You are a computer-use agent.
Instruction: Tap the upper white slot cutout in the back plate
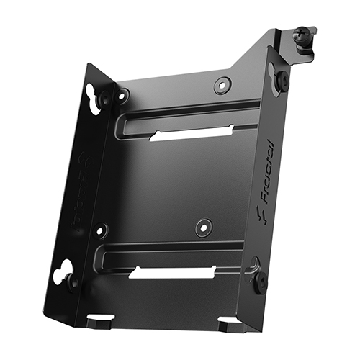coord(192,134)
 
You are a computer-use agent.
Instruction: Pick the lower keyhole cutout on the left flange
coord(63,269)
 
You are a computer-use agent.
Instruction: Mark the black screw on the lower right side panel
coord(260,282)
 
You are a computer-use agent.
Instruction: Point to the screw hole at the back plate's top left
coord(123,94)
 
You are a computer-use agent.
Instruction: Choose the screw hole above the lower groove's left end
coord(102,230)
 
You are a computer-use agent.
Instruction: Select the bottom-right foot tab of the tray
coord(229,323)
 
